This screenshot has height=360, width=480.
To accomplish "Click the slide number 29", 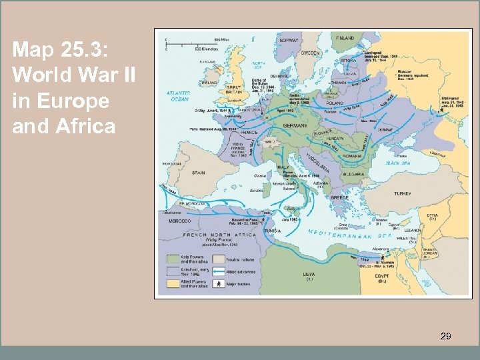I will point(445,337).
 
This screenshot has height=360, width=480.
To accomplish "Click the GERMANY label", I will point(294,125).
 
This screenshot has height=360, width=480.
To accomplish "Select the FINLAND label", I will point(345,37).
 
